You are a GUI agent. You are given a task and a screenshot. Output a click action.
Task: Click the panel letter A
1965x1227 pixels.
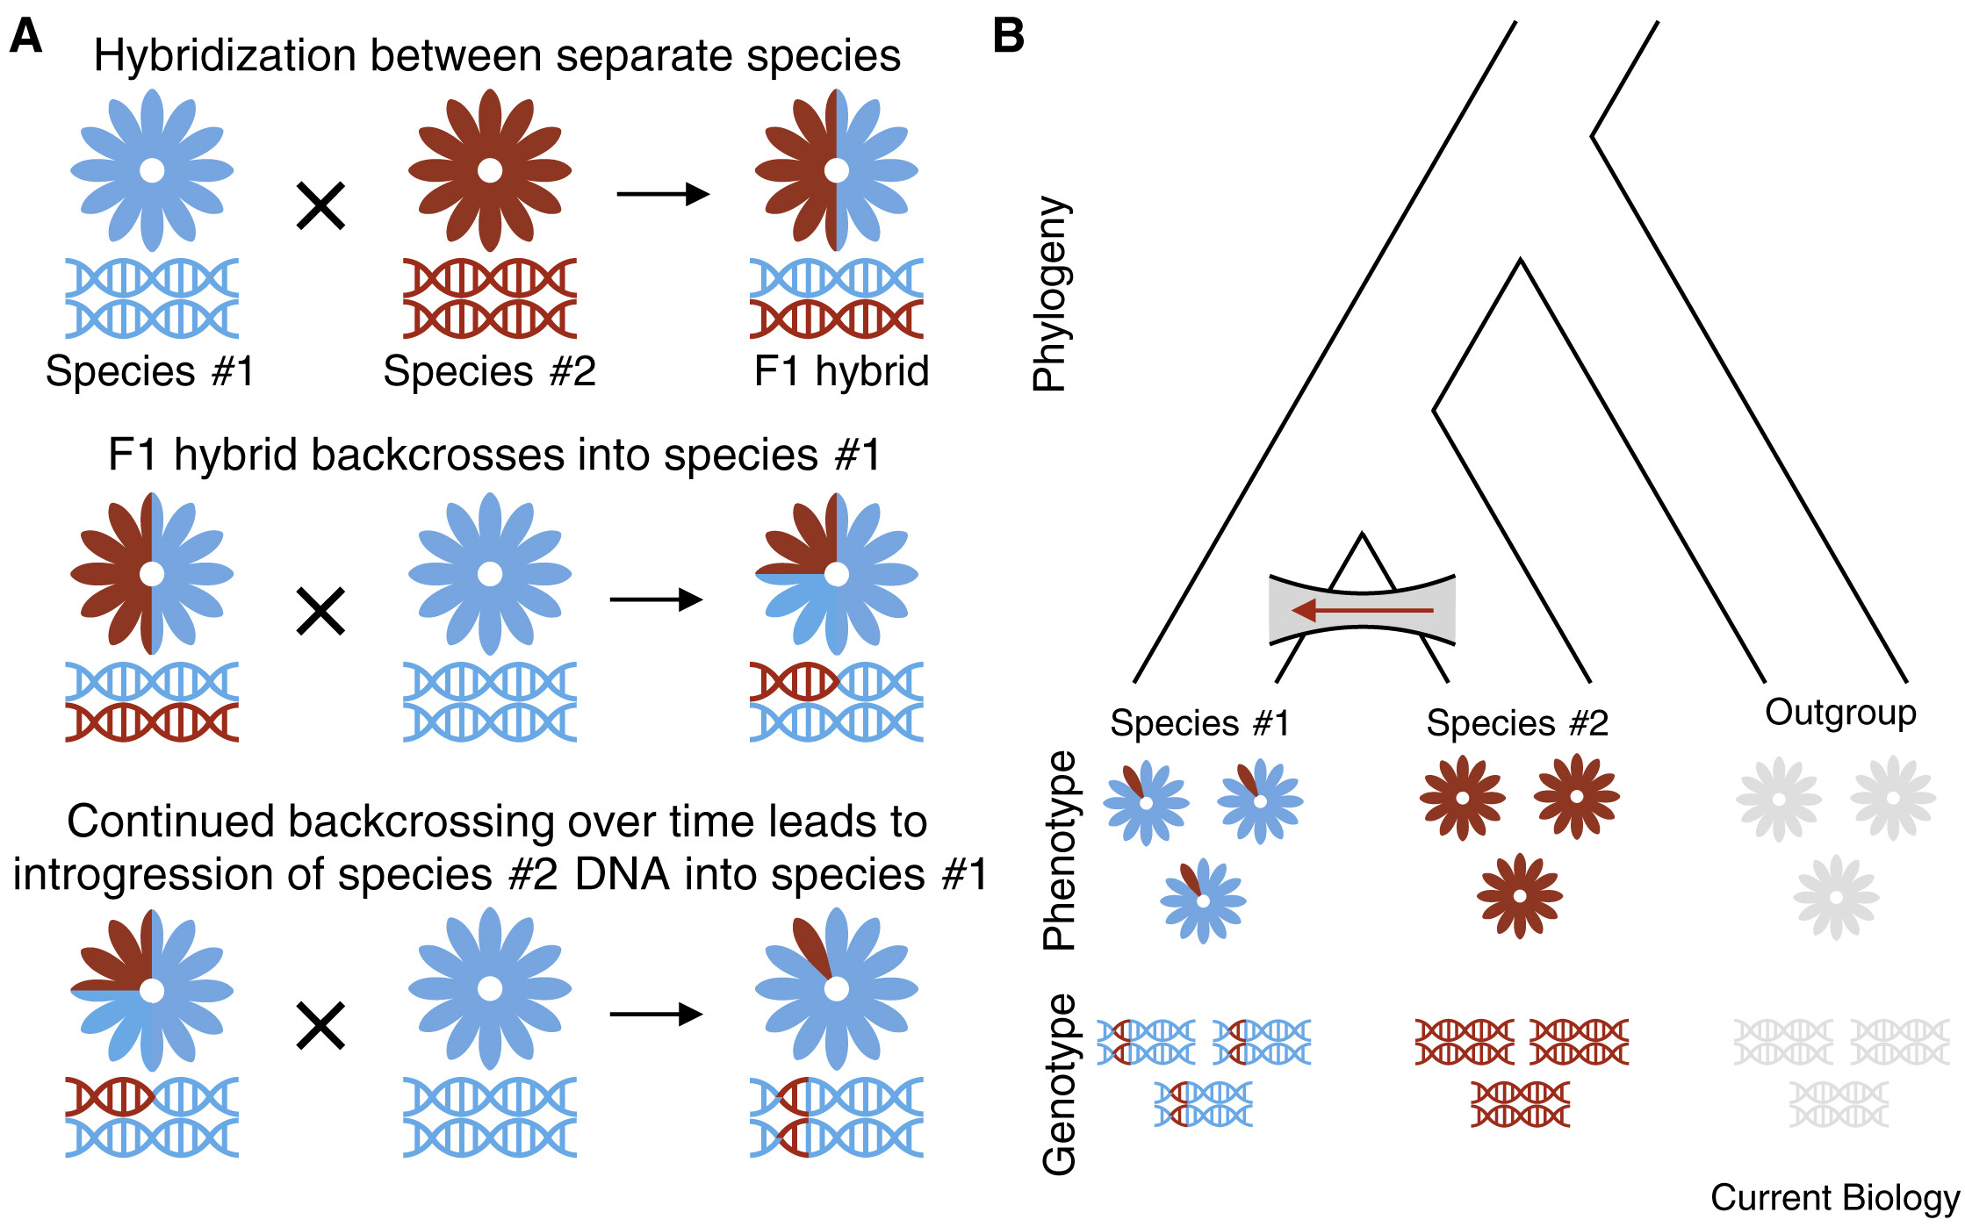point(25,38)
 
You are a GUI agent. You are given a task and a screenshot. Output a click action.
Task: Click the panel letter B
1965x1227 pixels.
point(1008,38)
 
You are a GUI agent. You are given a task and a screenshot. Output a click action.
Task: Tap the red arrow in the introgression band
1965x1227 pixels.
point(1361,610)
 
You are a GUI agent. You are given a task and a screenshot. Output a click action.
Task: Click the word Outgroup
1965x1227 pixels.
point(1840,713)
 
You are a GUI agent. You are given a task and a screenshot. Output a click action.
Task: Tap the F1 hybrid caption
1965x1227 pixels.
point(840,370)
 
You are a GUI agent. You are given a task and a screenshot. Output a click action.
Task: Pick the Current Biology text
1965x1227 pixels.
point(1834,1197)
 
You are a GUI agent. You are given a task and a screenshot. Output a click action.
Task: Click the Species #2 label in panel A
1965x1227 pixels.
point(489,370)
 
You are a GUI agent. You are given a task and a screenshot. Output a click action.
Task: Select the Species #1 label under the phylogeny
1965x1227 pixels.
point(1199,723)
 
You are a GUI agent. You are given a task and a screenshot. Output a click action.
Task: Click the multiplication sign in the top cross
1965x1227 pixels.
point(320,206)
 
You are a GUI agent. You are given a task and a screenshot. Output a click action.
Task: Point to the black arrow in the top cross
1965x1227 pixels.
point(663,193)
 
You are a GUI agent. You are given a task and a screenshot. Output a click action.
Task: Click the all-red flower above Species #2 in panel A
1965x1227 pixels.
point(489,170)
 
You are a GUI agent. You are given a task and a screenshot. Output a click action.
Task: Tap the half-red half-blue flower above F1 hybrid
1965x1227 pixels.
point(836,170)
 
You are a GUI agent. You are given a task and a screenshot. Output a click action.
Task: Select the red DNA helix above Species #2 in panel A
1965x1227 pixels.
point(489,298)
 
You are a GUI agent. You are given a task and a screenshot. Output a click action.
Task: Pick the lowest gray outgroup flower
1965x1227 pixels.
point(1835,897)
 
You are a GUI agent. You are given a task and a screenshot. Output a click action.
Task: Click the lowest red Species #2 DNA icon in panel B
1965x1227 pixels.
point(1520,1104)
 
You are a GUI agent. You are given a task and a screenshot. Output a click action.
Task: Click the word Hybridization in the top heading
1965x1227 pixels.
point(224,55)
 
